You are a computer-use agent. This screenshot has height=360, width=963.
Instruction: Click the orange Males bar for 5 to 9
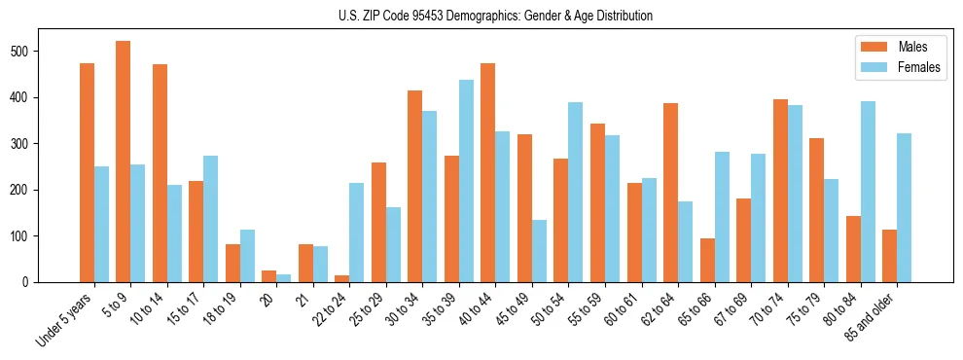click(x=124, y=162)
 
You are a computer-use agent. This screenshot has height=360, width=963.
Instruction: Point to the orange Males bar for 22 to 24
click(x=342, y=278)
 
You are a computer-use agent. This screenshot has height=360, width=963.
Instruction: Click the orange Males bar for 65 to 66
click(x=707, y=260)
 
